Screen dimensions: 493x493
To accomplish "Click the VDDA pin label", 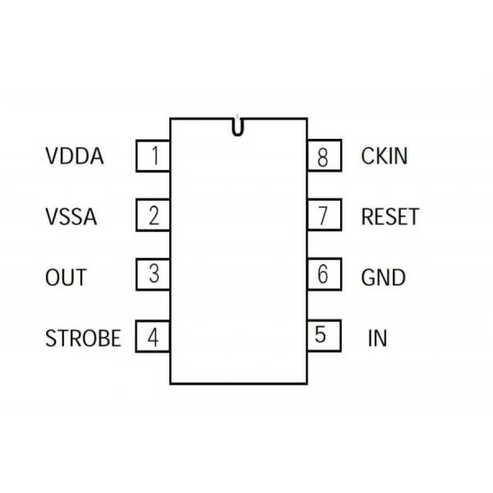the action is point(75,156).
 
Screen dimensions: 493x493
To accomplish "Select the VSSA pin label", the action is point(71,217).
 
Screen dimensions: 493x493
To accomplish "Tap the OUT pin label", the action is point(66,278).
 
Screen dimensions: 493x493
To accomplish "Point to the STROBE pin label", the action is point(83,338).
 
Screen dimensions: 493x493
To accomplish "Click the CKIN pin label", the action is point(385,156).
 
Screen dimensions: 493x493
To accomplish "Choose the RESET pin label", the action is point(390,217).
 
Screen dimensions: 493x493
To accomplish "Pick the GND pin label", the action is point(383,278).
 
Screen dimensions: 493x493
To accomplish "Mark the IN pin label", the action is point(377,338).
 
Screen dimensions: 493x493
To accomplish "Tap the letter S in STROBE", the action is point(51,338).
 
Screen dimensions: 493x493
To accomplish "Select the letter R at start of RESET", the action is point(367,217).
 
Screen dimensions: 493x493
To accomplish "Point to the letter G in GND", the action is point(368,278).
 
